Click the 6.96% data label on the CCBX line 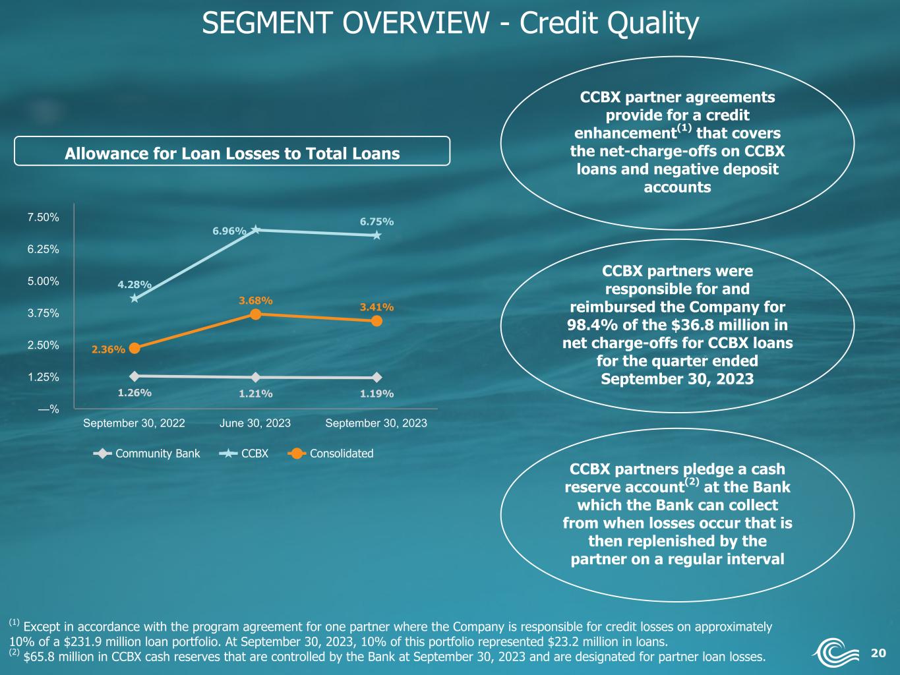(x=229, y=231)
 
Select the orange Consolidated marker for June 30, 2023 (x=255, y=314)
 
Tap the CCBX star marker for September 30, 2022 (x=135, y=298)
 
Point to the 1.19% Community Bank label (x=376, y=394)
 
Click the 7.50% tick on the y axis (x=44, y=218)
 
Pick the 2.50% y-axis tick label (x=44, y=345)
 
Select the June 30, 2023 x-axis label (x=255, y=423)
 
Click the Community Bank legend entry (x=147, y=454)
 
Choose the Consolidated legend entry (x=330, y=454)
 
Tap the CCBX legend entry (x=244, y=454)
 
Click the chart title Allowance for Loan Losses (x=232, y=154)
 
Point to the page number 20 (x=878, y=653)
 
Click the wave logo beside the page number (x=835, y=652)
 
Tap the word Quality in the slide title (x=653, y=23)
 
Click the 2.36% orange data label (x=108, y=349)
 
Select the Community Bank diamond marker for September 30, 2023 (x=376, y=377)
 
